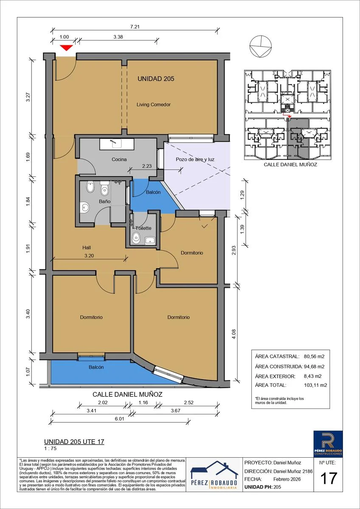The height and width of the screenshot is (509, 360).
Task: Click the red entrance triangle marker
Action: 66,48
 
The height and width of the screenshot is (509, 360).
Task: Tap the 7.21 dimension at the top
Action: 135,27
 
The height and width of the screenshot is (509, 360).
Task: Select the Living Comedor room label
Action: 154,104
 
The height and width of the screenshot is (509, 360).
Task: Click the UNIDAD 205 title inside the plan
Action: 156,79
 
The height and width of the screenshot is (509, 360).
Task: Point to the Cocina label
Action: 119,159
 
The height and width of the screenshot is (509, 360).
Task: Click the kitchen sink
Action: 117,144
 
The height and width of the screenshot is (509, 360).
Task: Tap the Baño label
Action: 104,201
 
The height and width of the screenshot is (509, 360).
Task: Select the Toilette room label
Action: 143,228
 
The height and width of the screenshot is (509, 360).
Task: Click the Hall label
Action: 87,248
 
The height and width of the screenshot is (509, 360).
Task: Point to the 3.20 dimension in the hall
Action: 89,256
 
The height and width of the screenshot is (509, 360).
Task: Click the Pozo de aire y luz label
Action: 195,159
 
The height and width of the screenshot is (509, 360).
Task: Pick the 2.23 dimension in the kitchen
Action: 147,166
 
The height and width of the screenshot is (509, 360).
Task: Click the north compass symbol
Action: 260,47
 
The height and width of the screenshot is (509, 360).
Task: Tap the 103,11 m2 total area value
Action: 315,385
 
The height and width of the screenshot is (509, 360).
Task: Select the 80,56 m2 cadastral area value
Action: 314,356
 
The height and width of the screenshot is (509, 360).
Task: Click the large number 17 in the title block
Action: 329,478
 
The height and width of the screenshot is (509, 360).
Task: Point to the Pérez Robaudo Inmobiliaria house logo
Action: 214,475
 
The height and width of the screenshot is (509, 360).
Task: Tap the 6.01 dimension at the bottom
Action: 119,419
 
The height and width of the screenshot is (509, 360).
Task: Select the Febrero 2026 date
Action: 287,479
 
